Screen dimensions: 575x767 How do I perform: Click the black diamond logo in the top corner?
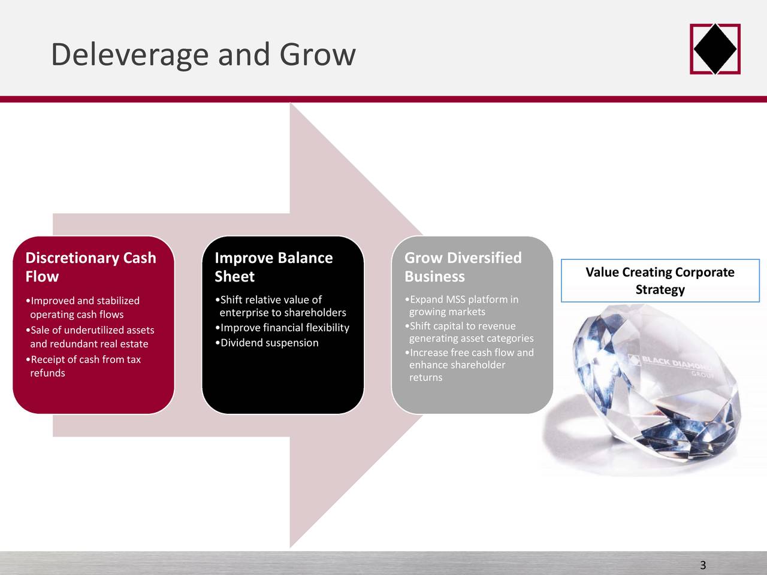coord(715,49)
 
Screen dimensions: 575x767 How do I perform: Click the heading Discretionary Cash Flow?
coord(90,267)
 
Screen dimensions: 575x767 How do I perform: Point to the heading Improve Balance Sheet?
coord(273,267)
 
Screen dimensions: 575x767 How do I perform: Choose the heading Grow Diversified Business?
coord(463,267)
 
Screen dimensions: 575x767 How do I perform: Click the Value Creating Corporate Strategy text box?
coord(660,281)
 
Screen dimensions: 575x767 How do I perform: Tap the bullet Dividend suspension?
coord(269,343)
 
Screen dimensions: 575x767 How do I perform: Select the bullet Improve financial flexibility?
coord(284,328)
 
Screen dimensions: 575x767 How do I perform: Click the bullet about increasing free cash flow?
coord(471,365)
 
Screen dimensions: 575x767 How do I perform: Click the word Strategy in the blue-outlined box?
coord(660,290)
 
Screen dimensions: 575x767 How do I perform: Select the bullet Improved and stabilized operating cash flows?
coord(84,307)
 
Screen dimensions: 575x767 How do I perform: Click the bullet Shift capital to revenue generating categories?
coord(470,332)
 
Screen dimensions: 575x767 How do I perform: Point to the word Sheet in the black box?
coord(234,277)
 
